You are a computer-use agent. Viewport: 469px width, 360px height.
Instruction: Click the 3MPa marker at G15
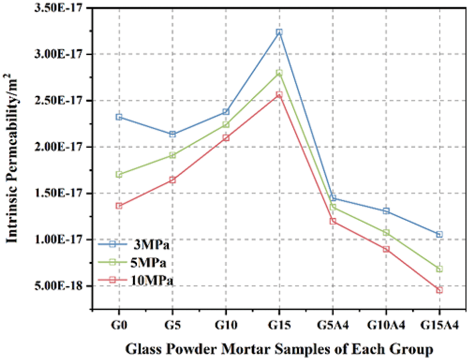(x=279, y=32)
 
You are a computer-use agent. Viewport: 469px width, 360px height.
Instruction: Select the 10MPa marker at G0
(x=119, y=205)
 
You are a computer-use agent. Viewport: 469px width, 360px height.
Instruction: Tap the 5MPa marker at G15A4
(x=439, y=269)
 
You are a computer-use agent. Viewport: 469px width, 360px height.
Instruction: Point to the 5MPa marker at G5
(x=172, y=155)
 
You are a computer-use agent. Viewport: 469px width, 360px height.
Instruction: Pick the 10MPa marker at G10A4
(x=386, y=249)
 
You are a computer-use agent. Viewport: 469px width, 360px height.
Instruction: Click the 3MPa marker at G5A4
(x=333, y=198)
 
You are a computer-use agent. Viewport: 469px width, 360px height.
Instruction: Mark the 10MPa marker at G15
(x=279, y=94)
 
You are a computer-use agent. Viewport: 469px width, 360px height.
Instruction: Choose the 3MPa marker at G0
(x=119, y=117)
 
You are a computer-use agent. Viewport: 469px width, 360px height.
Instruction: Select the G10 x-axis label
(x=226, y=326)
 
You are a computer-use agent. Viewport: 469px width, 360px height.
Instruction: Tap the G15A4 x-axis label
(x=439, y=326)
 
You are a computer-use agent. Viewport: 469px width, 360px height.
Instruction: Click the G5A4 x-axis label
(x=333, y=326)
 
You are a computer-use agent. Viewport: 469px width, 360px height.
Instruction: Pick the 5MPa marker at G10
(x=226, y=124)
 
